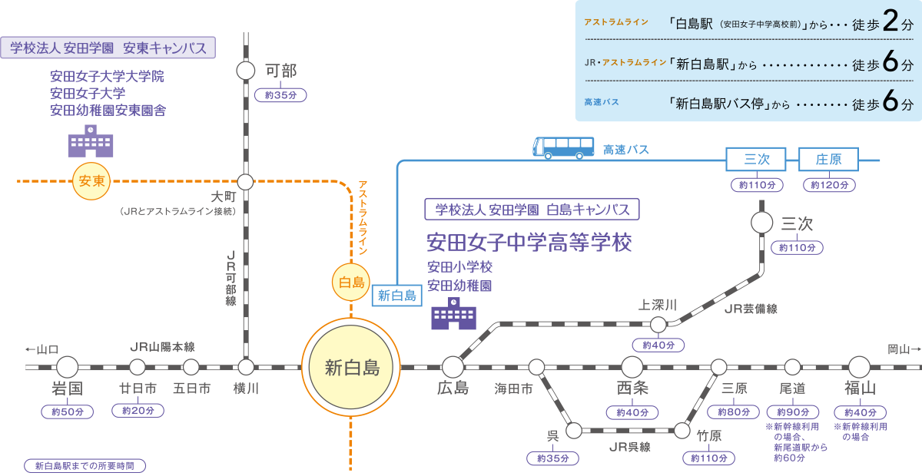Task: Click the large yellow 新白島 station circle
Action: [x=351, y=366]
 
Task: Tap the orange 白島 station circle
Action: [x=351, y=282]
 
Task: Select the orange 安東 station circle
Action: [x=91, y=182]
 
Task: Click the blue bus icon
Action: [x=564, y=147]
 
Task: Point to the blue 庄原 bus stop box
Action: [x=828, y=160]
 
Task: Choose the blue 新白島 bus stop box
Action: [x=397, y=296]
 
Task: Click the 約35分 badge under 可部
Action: [x=280, y=95]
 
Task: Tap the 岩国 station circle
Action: [x=68, y=367]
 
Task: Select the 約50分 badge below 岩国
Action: [x=68, y=412]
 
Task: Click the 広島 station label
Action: [x=452, y=388]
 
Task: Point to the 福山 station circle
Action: [x=859, y=367]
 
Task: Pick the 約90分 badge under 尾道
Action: [x=793, y=412]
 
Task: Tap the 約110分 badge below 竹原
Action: [x=708, y=458]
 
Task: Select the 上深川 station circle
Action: [x=658, y=325]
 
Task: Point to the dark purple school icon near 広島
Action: [x=453, y=314]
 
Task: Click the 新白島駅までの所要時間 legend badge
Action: [x=85, y=466]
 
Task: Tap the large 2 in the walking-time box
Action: [x=891, y=22]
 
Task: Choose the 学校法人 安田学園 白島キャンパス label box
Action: [x=532, y=209]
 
